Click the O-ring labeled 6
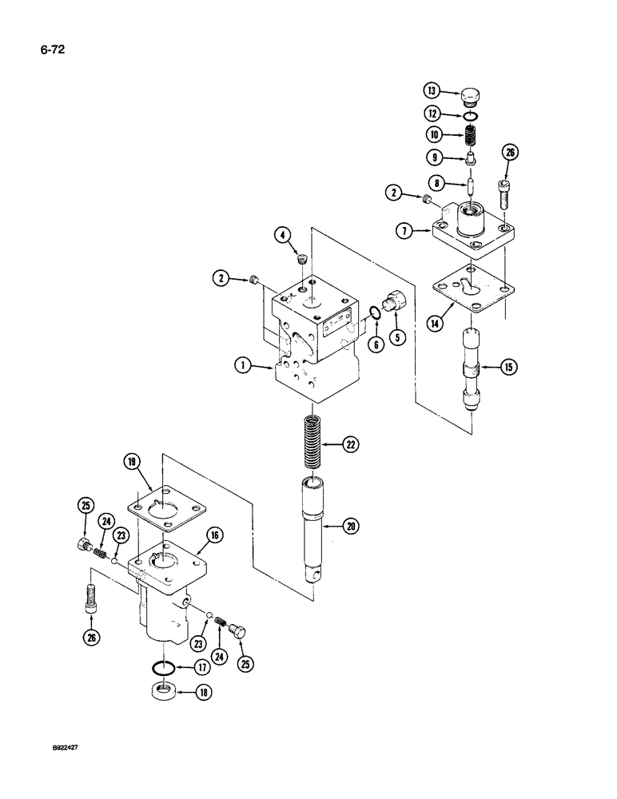[375, 322]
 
